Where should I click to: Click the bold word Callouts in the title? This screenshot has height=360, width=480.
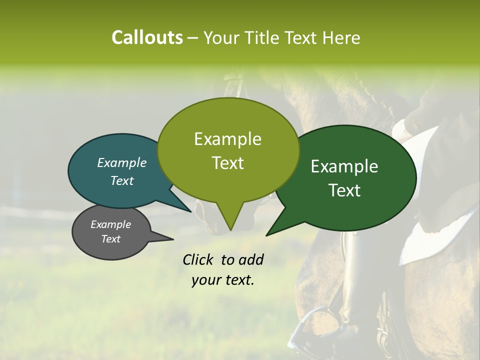pos(147,37)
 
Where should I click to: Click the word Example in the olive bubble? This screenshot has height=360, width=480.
pos(227,139)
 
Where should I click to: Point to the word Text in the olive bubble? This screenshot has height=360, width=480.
pos(227,163)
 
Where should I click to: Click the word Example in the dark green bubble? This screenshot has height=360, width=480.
pos(344,166)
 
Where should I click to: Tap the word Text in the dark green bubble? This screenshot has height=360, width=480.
pos(344,190)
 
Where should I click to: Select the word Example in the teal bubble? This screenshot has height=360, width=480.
pos(121,163)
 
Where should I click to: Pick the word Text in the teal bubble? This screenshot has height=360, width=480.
pos(121,180)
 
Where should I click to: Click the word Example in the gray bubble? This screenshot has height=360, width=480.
pos(110,224)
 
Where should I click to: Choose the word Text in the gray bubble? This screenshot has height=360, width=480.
pos(110,239)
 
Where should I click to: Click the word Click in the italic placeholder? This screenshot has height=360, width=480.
pos(198,259)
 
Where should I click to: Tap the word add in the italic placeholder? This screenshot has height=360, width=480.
pos(251,259)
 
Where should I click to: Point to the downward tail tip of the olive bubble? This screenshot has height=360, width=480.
pos(230,229)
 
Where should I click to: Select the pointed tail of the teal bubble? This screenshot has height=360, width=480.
pos(190,211)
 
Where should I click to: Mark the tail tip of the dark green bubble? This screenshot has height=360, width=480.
pos(267,235)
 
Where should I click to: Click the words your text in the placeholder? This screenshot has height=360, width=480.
pos(222,280)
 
